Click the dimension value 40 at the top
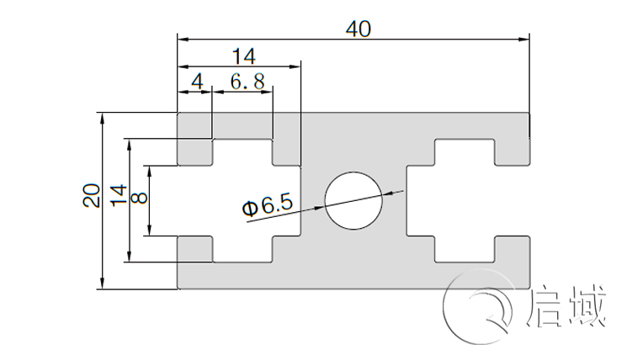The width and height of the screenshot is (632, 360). click(x=358, y=29)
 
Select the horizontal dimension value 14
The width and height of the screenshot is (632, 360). click(x=243, y=56)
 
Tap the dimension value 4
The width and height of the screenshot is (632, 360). click(x=197, y=82)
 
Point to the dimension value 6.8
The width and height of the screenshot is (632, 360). click(x=246, y=82)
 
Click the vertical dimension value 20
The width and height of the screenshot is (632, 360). click(x=92, y=195)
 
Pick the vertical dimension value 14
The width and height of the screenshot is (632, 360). click(x=119, y=195)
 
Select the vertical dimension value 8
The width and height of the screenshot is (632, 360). click(x=139, y=198)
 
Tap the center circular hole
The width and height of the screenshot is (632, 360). click(x=353, y=201)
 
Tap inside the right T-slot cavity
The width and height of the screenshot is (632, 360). click(x=463, y=200)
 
